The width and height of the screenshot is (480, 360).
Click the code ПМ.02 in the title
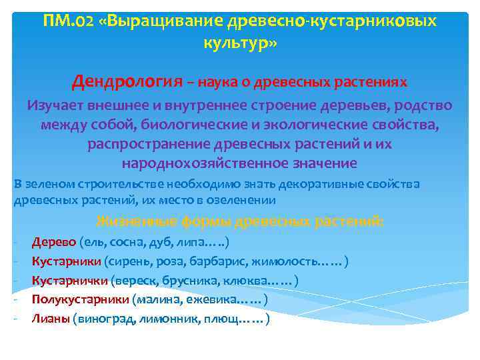click(x=67, y=21)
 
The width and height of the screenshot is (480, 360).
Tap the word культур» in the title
click(x=239, y=44)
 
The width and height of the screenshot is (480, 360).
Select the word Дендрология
click(x=127, y=81)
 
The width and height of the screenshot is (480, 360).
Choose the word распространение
click(x=149, y=144)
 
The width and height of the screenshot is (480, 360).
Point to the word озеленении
click(x=239, y=199)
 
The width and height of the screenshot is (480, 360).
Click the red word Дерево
click(x=53, y=242)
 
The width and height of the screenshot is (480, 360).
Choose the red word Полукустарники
click(x=81, y=299)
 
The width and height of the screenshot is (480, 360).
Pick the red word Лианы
click(x=50, y=319)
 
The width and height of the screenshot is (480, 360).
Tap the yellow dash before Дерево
click(x=16, y=242)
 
